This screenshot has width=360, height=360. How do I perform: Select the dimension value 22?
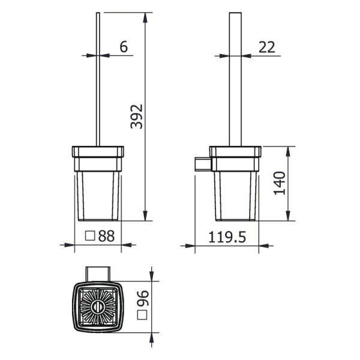[x=268, y=47]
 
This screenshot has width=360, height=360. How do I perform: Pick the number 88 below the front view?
[x=107, y=236]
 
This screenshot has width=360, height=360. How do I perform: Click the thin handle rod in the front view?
[x=97, y=78]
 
